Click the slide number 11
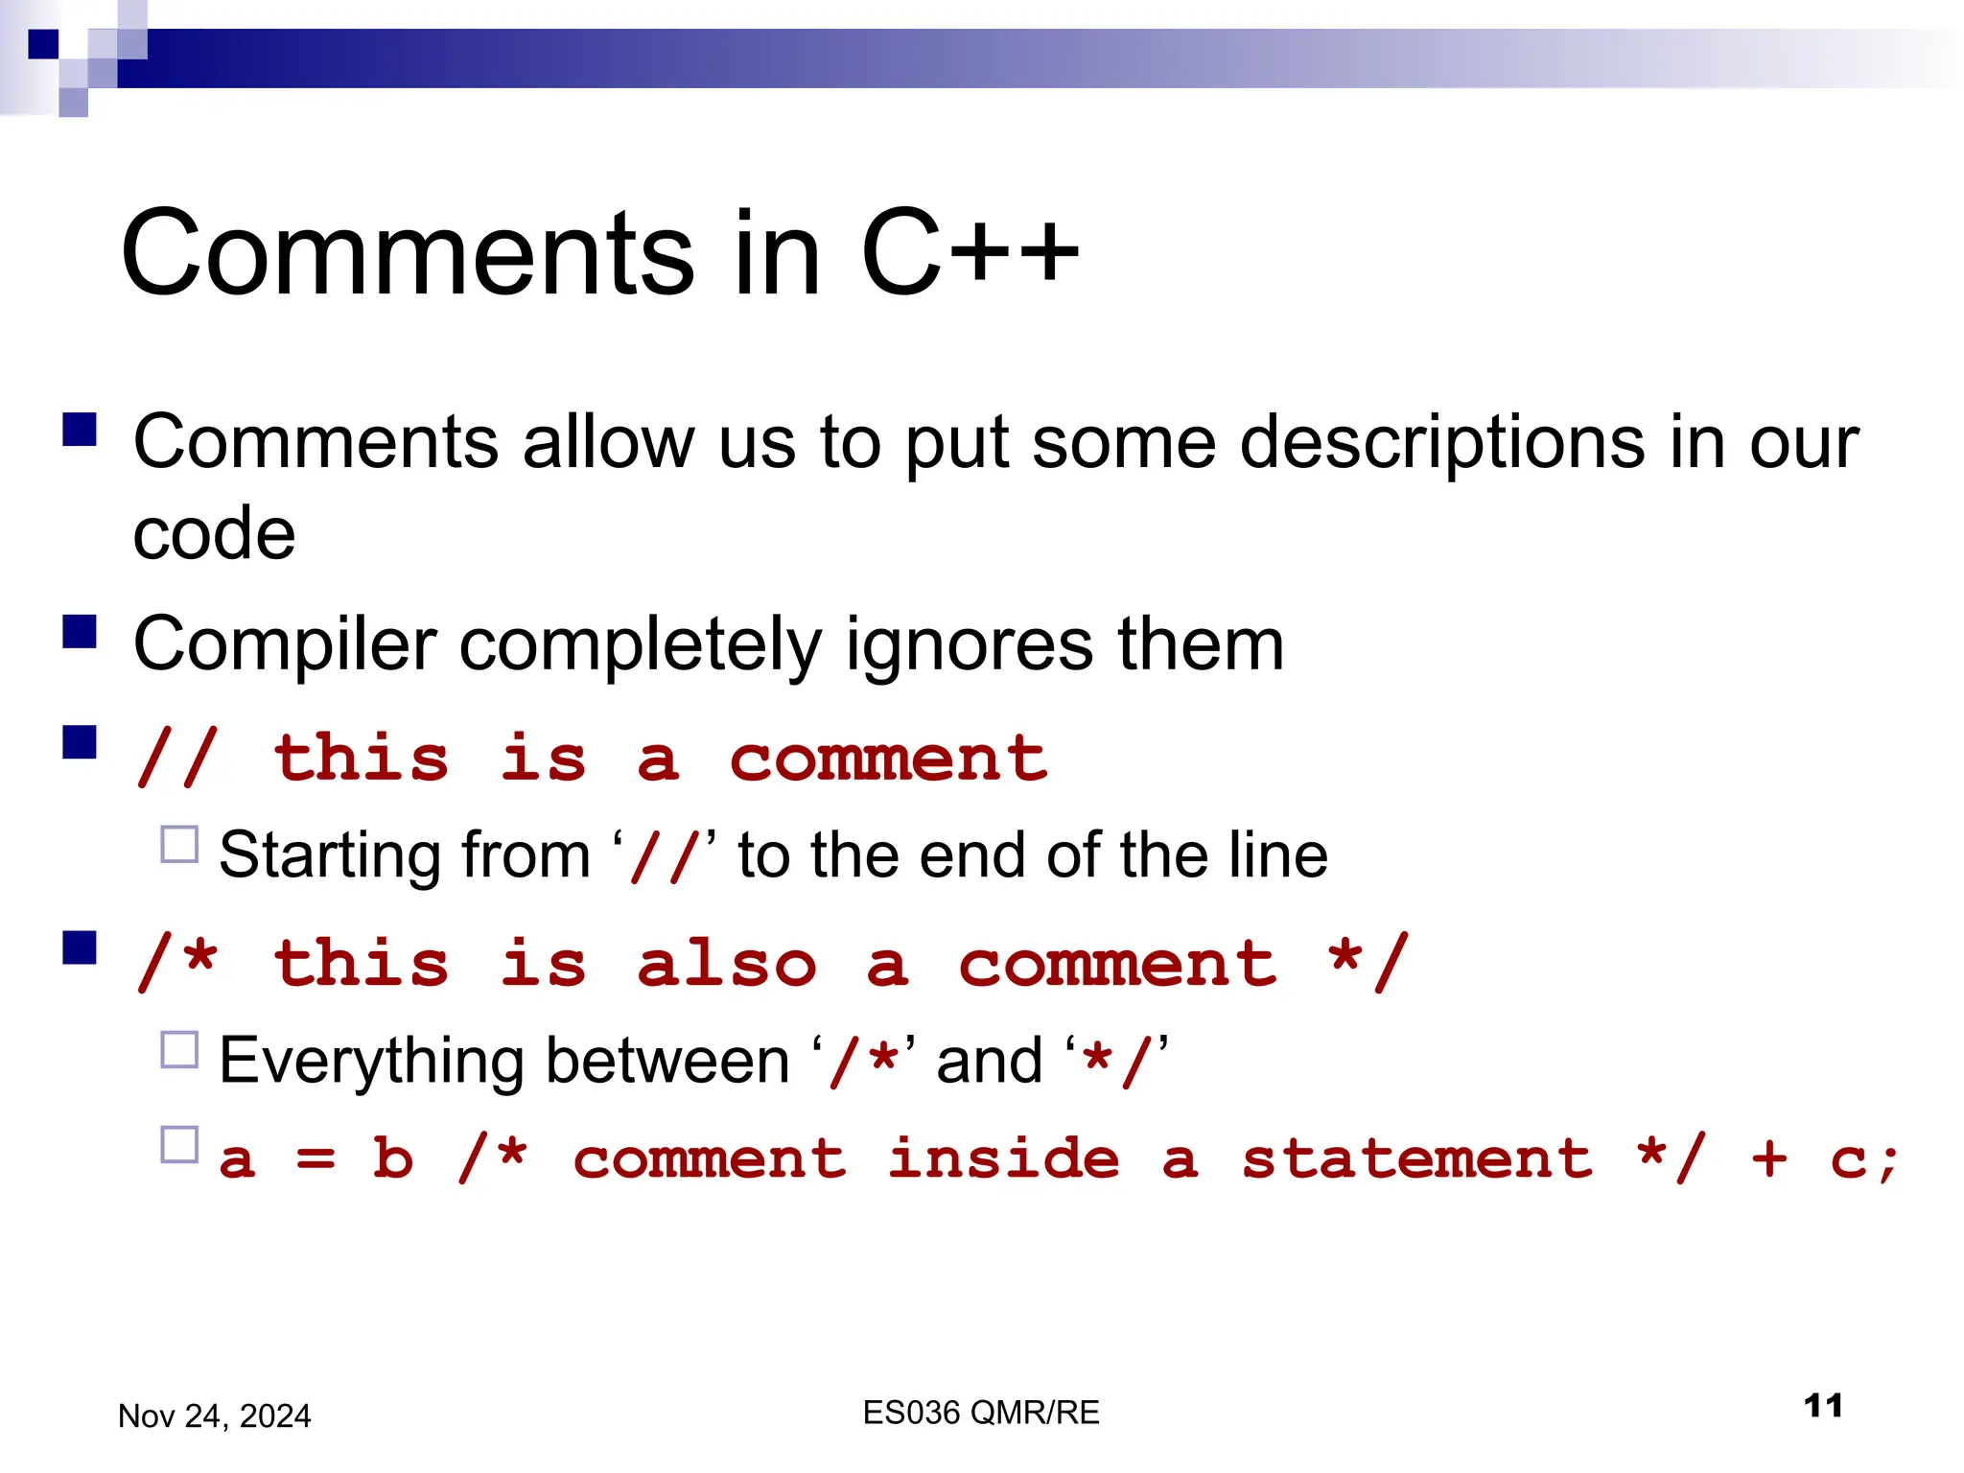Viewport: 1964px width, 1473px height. click(1822, 1406)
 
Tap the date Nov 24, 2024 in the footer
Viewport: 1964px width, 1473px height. click(214, 1415)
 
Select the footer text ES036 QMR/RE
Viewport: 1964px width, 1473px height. click(980, 1412)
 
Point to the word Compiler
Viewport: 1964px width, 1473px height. click(285, 644)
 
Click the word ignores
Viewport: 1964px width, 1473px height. click(969, 644)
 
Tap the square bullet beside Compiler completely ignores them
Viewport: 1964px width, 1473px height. click(80, 632)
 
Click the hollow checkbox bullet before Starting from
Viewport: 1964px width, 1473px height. click(179, 845)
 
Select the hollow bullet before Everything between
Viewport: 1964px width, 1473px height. click(179, 1050)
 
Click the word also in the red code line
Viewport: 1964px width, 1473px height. click(727, 964)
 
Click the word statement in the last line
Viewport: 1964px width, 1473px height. click(1416, 1158)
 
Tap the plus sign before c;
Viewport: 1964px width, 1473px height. click(1768, 1158)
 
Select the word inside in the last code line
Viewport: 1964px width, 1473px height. click(1003, 1158)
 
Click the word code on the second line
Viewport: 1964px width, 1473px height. click(214, 533)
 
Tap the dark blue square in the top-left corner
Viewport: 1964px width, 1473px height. click(43, 44)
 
